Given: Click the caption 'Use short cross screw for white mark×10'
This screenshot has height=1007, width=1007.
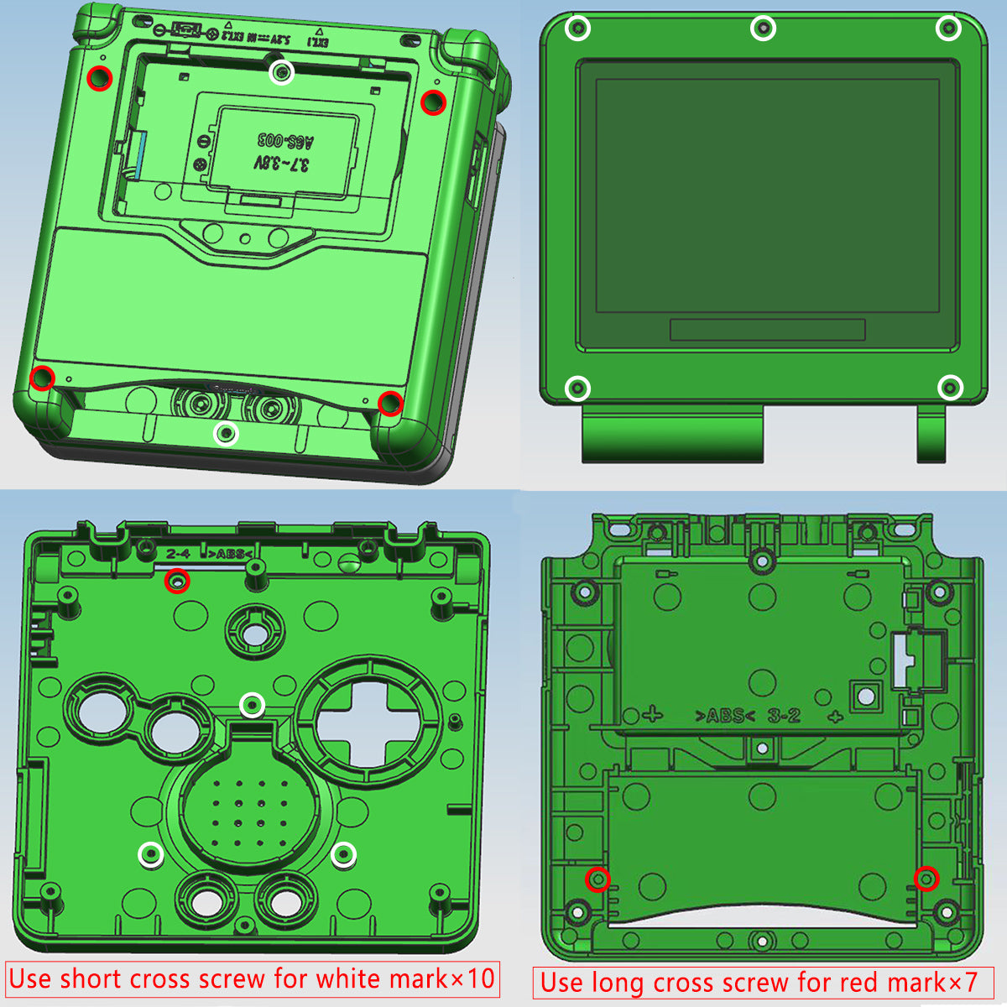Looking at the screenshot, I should [252, 978].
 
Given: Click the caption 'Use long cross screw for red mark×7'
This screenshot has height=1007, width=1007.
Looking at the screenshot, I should [762, 982].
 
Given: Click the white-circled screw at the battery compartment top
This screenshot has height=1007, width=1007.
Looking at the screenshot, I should [283, 73].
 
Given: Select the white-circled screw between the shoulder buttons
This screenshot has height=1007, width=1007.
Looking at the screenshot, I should [226, 434].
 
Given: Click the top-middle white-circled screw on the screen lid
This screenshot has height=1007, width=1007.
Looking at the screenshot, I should [762, 29].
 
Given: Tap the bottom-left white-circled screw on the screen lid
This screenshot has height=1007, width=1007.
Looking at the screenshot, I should [577, 389].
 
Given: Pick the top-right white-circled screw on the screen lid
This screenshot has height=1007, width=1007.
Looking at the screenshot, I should [948, 29].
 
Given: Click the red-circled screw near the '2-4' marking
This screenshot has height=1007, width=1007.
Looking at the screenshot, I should [177, 580].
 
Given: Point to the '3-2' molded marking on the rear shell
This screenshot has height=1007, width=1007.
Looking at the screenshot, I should [784, 716].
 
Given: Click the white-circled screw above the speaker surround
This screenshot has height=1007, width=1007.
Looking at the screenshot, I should [253, 706].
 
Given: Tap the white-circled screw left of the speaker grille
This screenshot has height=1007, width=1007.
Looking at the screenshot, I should [151, 854].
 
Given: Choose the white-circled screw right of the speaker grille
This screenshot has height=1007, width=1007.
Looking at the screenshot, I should [343, 855].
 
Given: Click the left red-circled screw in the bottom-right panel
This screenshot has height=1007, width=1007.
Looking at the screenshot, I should [597, 879].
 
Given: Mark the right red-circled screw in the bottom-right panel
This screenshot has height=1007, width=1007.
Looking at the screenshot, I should [926, 878].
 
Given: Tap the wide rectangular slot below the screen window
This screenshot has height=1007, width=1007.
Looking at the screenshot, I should [767, 329].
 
